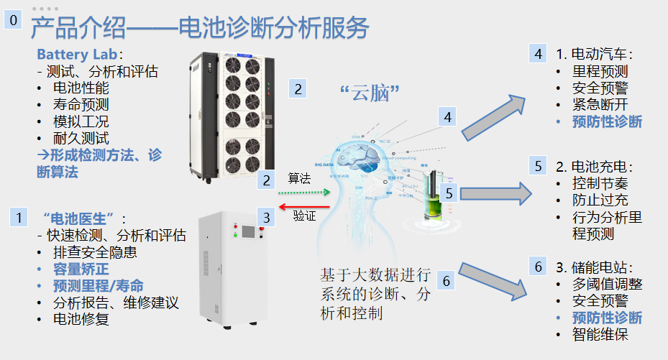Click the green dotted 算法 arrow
click(x=303, y=193)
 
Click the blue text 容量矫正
click(x=81, y=269)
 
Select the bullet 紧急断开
click(x=602, y=105)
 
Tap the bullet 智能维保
click(x=602, y=334)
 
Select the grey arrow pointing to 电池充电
click(x=496, y=193)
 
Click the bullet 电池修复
click(x=81, y=319)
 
